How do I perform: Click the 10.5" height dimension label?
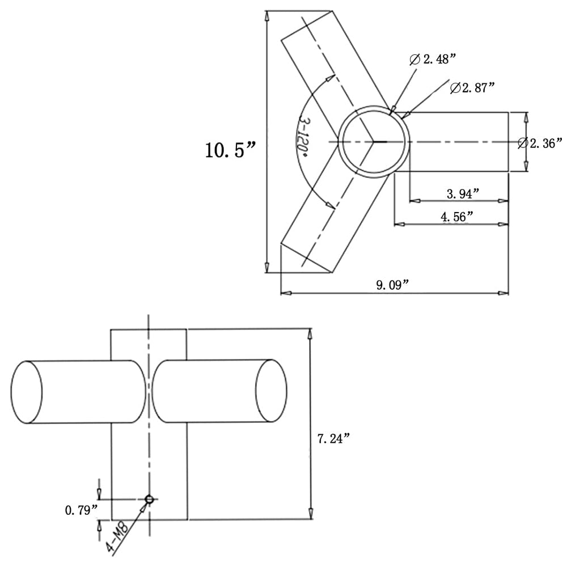tap(230, 150)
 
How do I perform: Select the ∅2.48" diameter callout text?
tap(433, 59)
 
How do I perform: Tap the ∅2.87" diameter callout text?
tap(472, 88)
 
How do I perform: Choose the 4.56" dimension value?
tap(457, 217)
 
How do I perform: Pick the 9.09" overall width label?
tap(393, 285)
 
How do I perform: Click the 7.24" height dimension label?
tap(333, 438)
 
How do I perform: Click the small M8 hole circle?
tap(149, 499)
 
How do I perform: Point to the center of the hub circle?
tap(374, 141)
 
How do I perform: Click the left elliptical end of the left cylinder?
tap(27, 392)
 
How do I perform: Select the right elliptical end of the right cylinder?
tap(271, 391)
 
